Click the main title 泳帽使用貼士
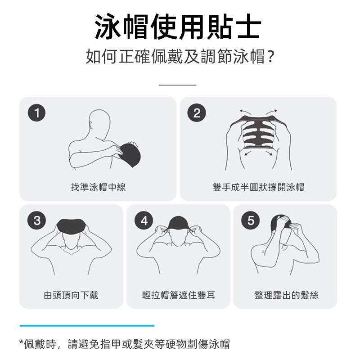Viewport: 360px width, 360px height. click(178, 27)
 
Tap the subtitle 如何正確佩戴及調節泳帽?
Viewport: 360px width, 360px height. click(180, 57)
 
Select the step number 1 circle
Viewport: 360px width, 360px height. click(37, 113)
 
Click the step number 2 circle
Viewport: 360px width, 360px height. click(197, 113)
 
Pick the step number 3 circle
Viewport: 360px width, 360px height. click(37, 220)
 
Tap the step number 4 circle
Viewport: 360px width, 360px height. click(144, 220)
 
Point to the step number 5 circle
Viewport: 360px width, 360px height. click(251, 220)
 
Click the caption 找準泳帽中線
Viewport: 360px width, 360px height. click(98, 187)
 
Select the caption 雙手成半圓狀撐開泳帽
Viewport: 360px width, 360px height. click(258, 187)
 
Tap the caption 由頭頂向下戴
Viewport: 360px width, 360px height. click(71, 295)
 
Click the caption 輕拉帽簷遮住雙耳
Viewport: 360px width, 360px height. click(179, 295)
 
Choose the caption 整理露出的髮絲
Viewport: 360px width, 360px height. click(286, 295)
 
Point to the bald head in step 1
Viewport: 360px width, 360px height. click(99, 124)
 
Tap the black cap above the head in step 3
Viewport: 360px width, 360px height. click(71, 226)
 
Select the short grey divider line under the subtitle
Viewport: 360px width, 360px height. click(177, 85)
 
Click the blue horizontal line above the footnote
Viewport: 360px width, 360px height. click(87, 325)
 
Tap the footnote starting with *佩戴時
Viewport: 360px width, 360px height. click(125, 344)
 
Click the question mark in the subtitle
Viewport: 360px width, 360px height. click(271, 57)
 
